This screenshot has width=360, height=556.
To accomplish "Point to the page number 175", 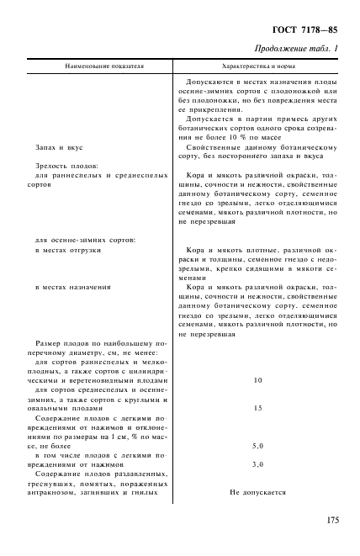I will point(329,521).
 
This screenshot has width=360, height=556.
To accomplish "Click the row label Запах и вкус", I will point(56,146).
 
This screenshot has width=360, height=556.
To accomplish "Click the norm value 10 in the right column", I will point(257,380).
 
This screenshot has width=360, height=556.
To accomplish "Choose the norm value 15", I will point(257,408).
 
